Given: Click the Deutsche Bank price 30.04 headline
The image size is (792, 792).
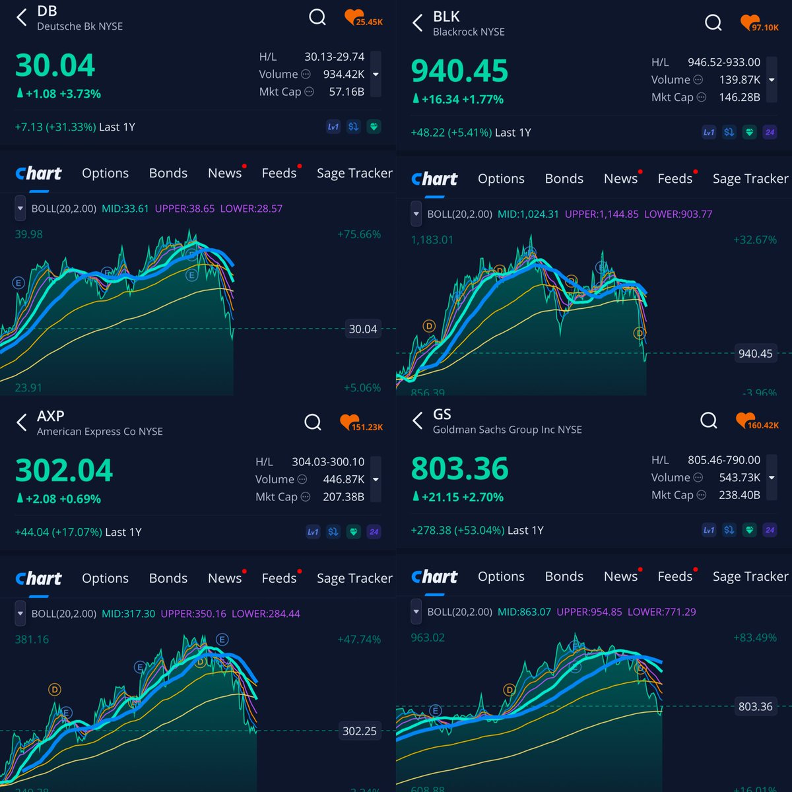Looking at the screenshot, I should point(55,66).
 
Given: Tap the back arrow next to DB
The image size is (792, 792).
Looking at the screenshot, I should point(22,18).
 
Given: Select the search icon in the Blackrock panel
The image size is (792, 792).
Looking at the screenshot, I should point(713,23).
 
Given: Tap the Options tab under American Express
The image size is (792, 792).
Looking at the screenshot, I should point(105,578).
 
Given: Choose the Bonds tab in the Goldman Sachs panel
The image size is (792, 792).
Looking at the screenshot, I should point(564,576).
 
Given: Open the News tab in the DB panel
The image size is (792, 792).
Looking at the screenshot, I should point(224,173).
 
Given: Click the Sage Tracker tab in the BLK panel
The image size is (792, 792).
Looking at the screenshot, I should point(750,179).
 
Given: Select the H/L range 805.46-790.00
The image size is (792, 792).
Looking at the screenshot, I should point(723,460).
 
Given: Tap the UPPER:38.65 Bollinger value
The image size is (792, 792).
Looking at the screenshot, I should point(185,209).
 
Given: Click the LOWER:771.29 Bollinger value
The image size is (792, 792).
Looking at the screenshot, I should point(661,612).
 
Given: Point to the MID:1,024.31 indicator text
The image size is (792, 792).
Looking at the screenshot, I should point(528,214).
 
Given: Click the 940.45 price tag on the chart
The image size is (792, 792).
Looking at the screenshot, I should point(755,354).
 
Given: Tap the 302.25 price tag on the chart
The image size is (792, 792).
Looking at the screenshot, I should point(359,731).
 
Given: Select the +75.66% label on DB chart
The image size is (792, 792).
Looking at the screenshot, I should point(359,234).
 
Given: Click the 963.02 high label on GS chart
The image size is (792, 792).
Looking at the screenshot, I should point(428,638).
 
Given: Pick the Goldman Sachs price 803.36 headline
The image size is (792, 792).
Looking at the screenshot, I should point(459,469).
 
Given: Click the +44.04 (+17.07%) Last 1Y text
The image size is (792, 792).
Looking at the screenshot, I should point(78,532).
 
